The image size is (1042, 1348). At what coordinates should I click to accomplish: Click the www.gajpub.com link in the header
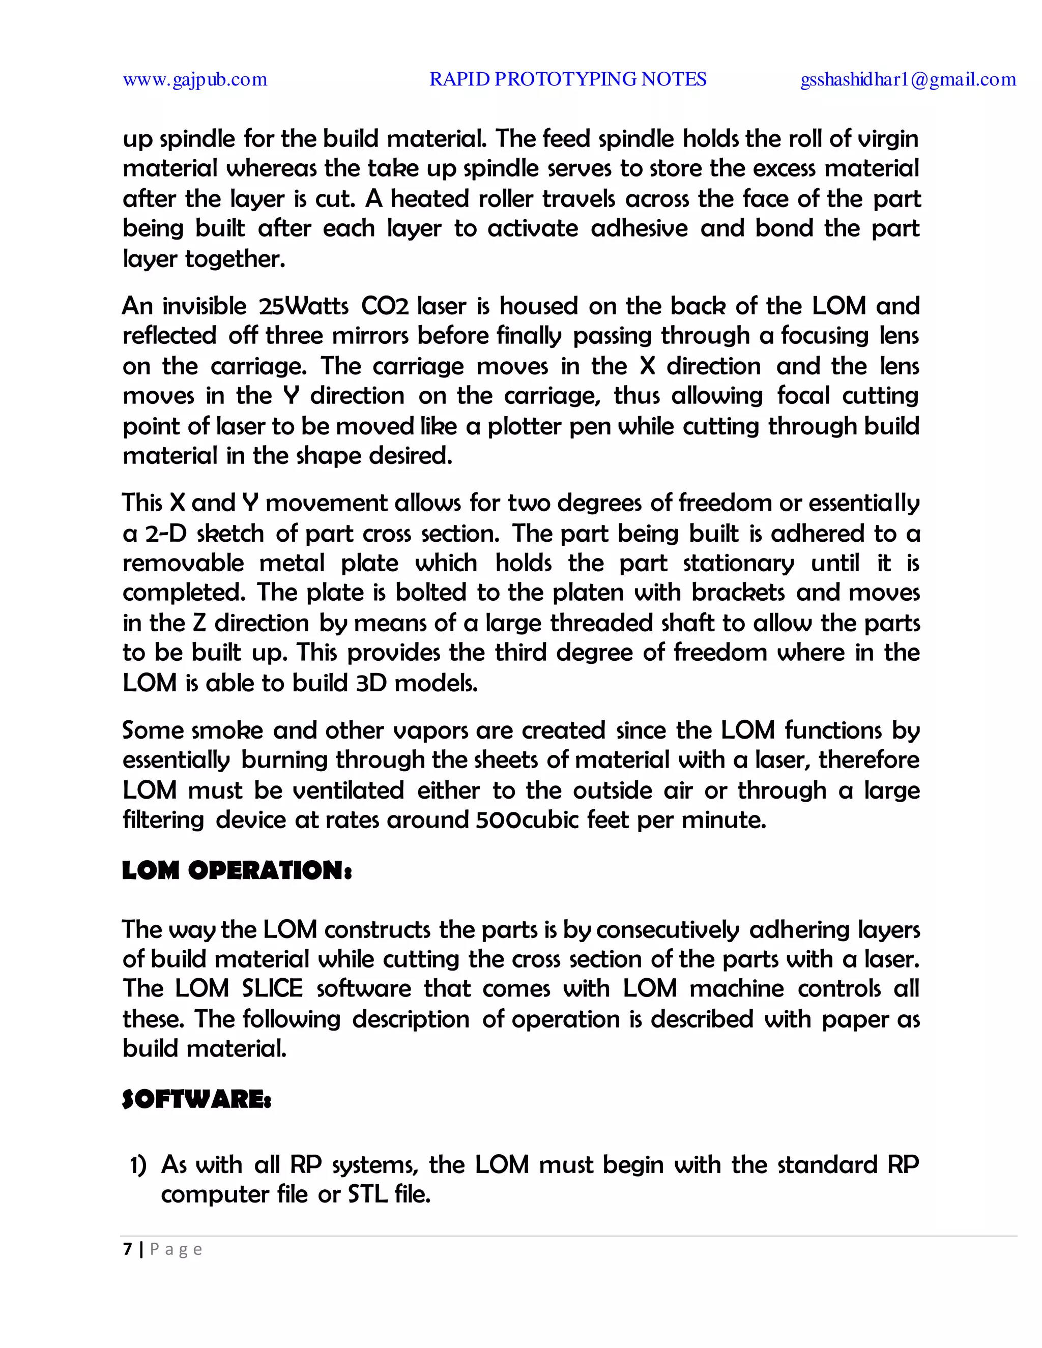(195, 80)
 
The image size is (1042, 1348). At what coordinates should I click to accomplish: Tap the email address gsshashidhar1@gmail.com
(908, 80)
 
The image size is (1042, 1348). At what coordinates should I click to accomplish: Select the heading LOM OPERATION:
(237, 871)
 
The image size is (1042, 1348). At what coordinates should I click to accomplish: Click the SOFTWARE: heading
(196, 1099)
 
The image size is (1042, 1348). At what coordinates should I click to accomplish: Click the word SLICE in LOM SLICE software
(272, 989)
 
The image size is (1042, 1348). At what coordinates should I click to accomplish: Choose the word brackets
(738, 593)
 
